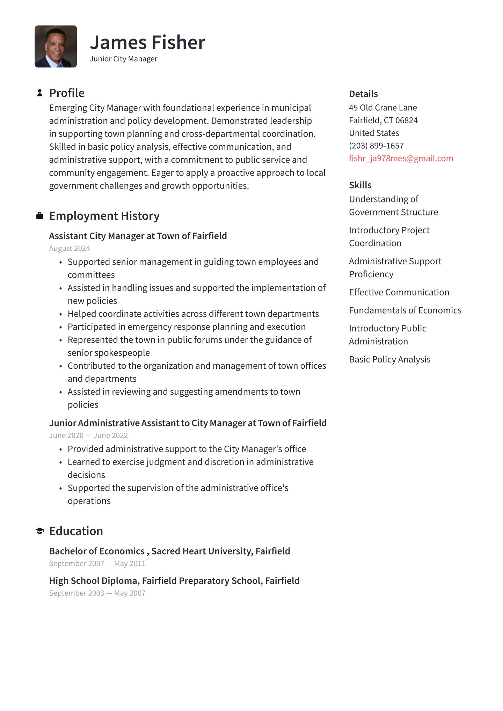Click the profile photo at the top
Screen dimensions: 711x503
point(56,46)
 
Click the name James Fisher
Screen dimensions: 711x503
point(147,43)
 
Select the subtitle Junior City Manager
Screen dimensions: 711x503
point(123,59)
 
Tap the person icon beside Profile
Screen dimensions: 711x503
point(40,93)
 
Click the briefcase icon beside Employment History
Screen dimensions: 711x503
point(40,216)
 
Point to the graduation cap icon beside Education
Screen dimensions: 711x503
point(40,531)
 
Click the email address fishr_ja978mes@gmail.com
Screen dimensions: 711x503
point(401,158)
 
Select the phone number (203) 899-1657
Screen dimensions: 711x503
point(376,146)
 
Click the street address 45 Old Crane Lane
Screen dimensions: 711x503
point(383,108)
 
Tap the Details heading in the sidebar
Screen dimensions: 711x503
point(363,94)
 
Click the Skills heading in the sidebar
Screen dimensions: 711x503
point(360,185)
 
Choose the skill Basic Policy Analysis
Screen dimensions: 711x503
point(389,359)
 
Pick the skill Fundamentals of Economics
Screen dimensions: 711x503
point(405,310)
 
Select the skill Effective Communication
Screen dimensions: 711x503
point(399,292)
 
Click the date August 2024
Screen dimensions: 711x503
point(70,248)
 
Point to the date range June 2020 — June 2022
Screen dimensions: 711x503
point(88,435)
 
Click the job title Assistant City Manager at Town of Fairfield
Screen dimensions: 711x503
point(138,236)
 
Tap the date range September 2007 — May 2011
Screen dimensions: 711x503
point(97,563)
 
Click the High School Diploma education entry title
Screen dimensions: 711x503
point(174,581)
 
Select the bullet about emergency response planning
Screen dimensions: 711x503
point(187,327)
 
